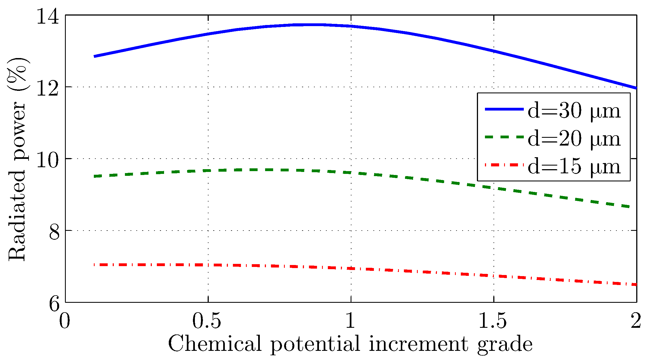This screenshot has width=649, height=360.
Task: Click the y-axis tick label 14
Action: (48, 17)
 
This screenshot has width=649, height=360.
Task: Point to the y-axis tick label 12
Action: (48, 88)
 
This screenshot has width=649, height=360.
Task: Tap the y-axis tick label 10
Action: (48, 160)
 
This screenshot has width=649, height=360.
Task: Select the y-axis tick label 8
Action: (54, 232)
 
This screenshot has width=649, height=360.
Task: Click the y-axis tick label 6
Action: (54, 304)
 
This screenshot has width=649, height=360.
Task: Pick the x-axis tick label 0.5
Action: (207, 321)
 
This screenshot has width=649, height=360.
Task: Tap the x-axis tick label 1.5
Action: (493, 321)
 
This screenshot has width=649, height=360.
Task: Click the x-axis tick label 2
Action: (636, 321)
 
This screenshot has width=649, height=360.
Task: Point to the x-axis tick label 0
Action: (64, 321)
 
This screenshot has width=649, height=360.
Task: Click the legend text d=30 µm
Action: (573, 111)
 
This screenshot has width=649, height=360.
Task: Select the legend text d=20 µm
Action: (573, 139)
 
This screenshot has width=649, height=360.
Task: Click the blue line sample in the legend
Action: (504, 109)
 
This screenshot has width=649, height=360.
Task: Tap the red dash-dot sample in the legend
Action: (504, 165)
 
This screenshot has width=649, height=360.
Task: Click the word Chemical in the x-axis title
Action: (215, 344)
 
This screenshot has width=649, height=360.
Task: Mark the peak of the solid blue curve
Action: (308, 25)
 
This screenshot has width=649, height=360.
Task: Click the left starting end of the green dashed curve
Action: (95, 176)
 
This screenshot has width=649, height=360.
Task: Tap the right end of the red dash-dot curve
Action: (636, 284)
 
